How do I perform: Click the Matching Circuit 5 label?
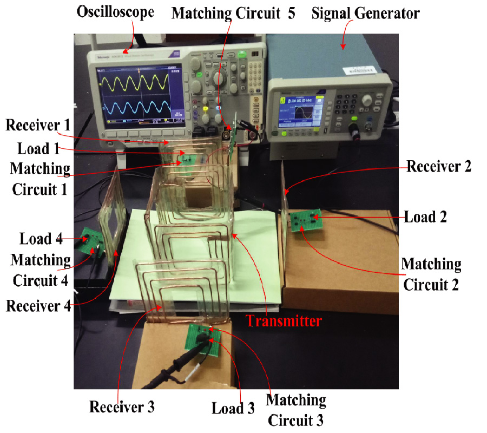pyautogui.click(x=233, y=13)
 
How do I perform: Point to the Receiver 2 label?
pyautogui.click(x=439, y=166)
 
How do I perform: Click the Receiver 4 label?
pyautogui.click(x=38, y=306)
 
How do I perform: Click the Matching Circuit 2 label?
pyautogui.click(x=431, y=274)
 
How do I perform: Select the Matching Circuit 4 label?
pyautogui.click(x=41, y=270)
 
